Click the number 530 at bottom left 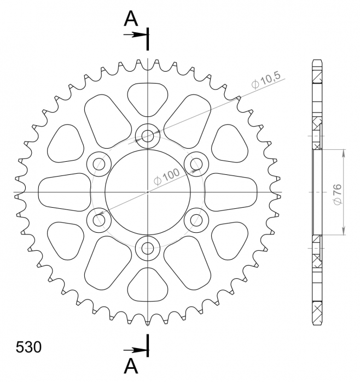tap(27, 348)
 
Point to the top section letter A tap(130, 19)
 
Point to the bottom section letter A tap(130, 365)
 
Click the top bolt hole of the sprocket tap(148, 135)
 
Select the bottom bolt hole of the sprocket tap(148, 249)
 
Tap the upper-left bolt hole tap(98, 163)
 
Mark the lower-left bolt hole tap(98, 220)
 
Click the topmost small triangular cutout tap(148, 98)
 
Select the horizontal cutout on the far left tap(65, 192)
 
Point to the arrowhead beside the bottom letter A tap(143, 349)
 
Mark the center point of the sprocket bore tap(148, 192)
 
